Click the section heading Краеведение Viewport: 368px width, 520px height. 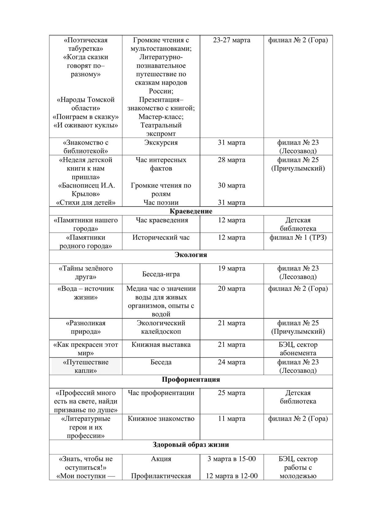click(191, 211)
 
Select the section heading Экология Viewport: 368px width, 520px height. click(191, 255)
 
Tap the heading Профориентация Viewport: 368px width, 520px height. click(191, 379)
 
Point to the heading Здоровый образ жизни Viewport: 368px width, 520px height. click(191, 445)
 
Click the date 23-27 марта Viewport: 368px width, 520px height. click(232, 40)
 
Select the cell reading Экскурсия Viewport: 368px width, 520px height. click(161, 142)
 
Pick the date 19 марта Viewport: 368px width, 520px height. click(232, 268)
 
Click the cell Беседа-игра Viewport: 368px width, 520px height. click(161, 274)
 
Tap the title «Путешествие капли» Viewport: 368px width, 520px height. click(86, 366)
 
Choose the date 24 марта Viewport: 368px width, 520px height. click(232, 362)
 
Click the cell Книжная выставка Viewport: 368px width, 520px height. click(161, 345)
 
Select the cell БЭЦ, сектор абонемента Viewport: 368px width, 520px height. click(298, 349)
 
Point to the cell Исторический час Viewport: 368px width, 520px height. click(161, 237)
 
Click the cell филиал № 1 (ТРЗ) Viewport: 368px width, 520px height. click(298, 237)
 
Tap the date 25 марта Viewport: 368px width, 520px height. click(232, 393)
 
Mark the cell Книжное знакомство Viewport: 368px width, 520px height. click(161, 419)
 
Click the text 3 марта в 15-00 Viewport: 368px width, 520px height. click(232, 459)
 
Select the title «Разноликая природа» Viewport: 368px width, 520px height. click(86, 327)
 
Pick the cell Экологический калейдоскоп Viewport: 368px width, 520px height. click(161, 327)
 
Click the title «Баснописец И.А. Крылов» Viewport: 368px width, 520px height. click(86, 190)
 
